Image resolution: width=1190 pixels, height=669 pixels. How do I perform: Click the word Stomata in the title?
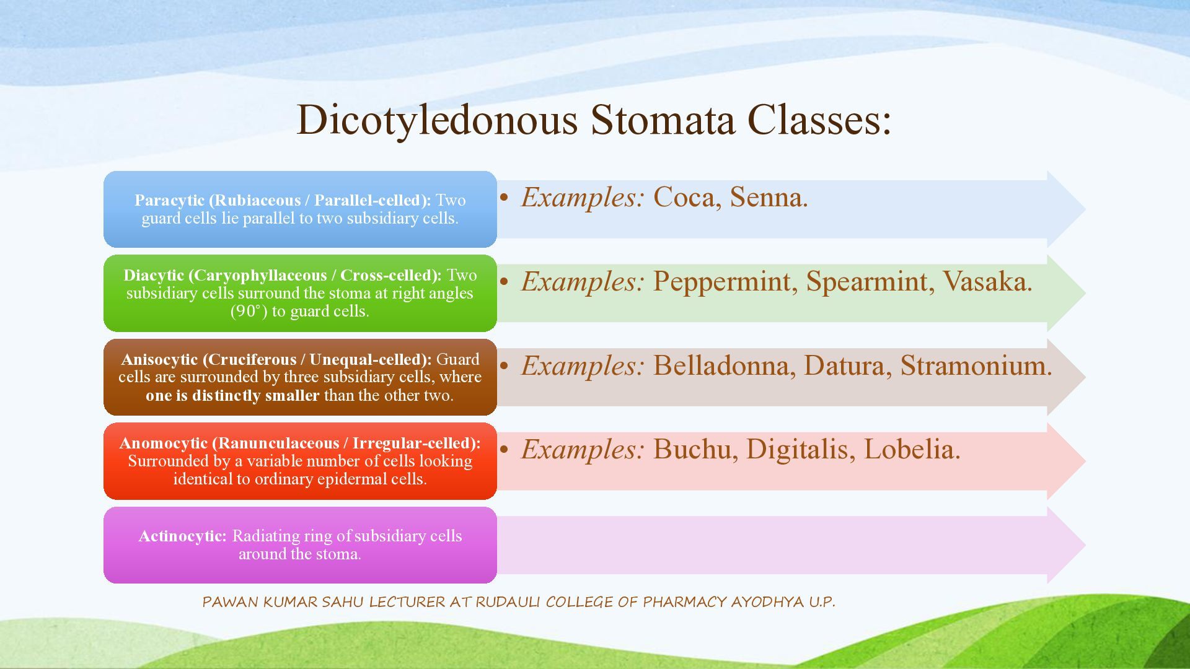pos(663,120)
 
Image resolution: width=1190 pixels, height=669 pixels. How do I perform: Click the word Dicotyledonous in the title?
pos(437,120)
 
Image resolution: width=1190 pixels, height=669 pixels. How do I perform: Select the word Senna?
pos(769,198)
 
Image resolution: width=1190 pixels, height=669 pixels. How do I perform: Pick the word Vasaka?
pos(987,282)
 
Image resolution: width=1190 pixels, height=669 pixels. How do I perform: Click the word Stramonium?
pos(976,365)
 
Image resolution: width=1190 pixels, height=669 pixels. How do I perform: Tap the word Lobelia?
pos(912,450)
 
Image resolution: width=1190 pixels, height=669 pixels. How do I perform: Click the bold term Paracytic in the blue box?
pos(169,201)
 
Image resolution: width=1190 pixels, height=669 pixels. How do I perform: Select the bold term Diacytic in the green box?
pos(154,276)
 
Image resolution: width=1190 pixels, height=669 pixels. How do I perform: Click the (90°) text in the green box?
pos(249,311)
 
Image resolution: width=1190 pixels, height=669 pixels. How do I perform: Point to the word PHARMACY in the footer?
pos(685,602)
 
